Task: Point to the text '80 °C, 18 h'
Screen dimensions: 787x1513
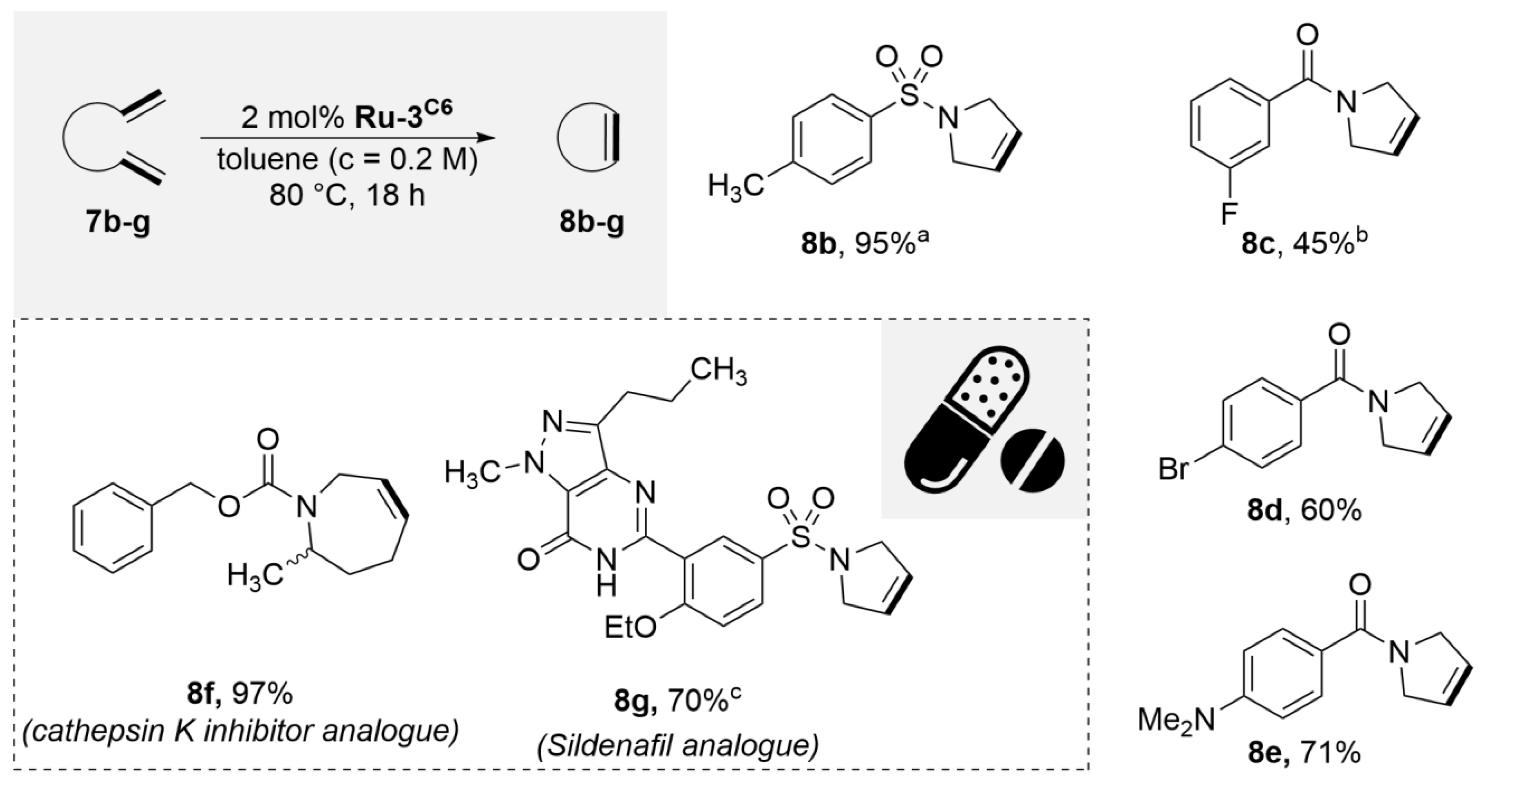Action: click(347, 194)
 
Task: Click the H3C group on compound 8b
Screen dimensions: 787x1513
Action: click(735, 186)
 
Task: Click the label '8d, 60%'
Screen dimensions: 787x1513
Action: click(1304, 511)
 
